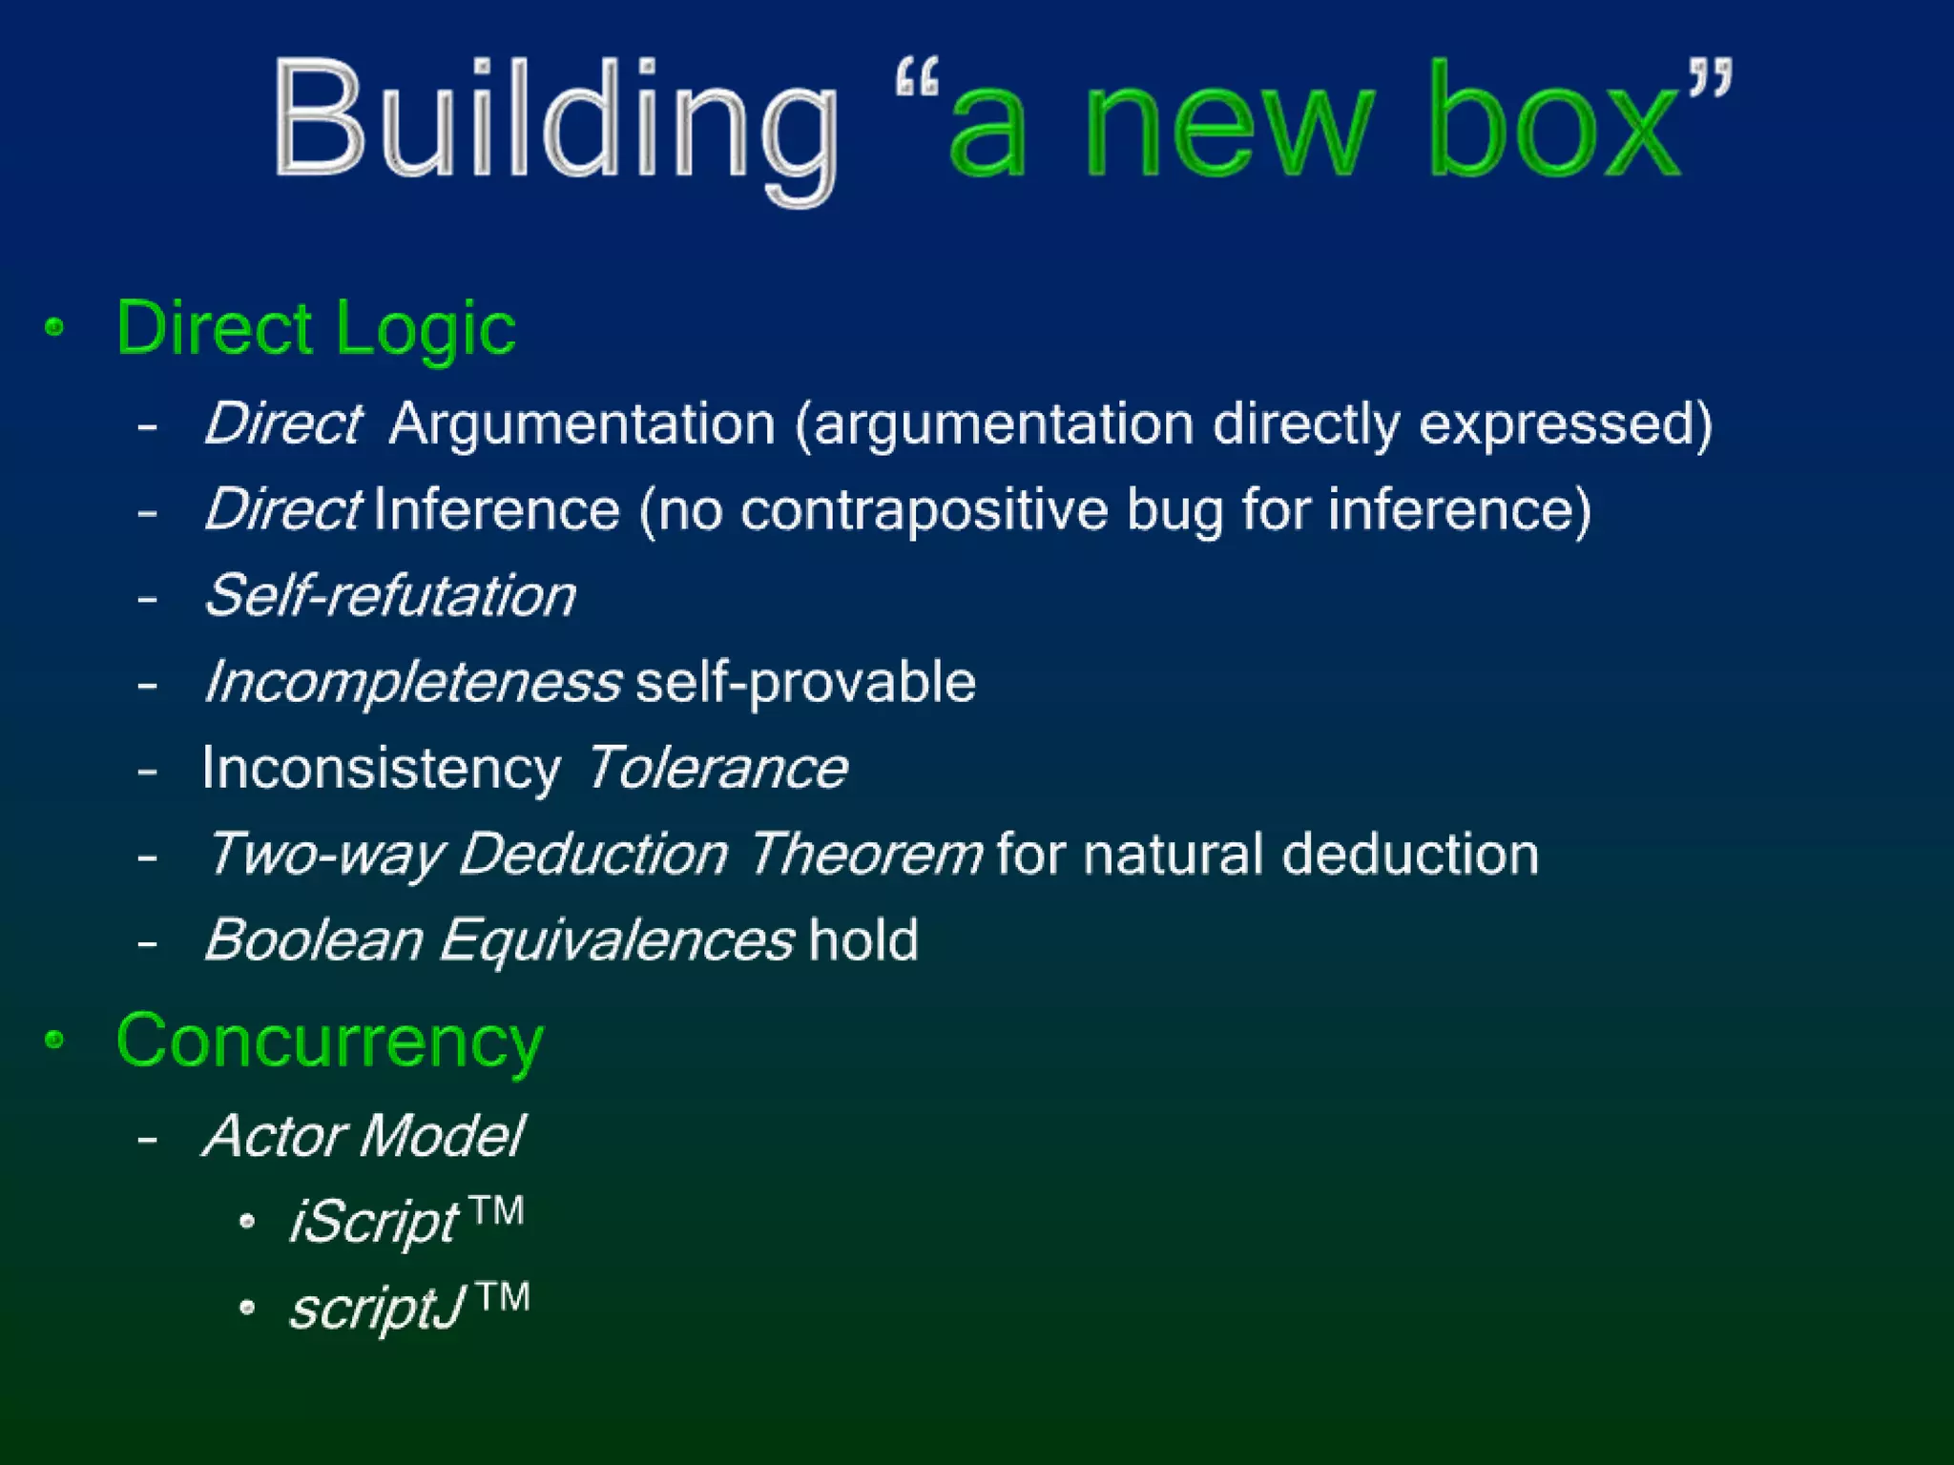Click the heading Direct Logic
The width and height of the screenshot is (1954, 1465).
point(315,328)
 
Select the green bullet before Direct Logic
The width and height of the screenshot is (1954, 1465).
point(55,328)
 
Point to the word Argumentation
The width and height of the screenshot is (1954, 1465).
point(582,423)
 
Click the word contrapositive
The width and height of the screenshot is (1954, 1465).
point(924,509)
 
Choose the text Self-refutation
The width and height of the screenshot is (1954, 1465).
point(390,596)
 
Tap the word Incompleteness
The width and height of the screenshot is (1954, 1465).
point(413,683)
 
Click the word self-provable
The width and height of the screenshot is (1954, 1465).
point(805,683)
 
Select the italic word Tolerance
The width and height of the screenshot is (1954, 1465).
point(717,769)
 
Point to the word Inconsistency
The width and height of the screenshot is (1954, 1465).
point(381,769)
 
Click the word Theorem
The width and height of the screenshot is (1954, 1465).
point(864,854)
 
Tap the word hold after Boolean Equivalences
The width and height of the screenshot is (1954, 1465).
point(863,940)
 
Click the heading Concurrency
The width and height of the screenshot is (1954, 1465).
point(329,1042)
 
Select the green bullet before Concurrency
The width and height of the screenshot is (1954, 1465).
point(55,1040)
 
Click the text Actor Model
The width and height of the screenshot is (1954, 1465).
point(364,1136)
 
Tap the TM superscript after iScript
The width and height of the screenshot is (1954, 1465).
point(497,1211)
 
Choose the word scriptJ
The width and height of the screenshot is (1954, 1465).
point(377,1308)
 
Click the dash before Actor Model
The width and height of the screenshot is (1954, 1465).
point(147,1138)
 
